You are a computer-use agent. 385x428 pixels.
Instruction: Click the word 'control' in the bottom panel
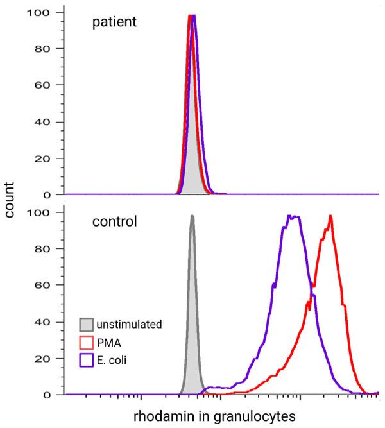tap(114, 223)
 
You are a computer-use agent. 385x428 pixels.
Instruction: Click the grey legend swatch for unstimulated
tap(87, 324)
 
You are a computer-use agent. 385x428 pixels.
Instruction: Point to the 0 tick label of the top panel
tap(51, 194)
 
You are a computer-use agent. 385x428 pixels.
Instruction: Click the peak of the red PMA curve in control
tap(330, 217)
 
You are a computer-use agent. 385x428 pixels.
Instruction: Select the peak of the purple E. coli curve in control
tap(293, 217)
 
